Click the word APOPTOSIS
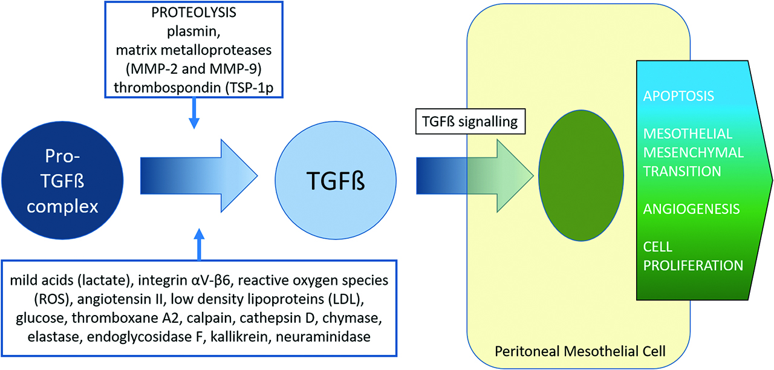(678, 96)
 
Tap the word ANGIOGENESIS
(692, 209)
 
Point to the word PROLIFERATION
(693, 265)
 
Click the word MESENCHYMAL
(693, 152)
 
